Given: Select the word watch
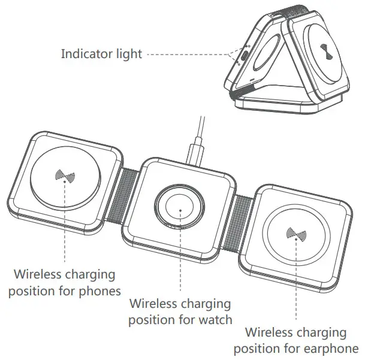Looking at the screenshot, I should pyautogui.click(x=216, y=319).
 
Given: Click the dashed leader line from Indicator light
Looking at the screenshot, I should pyautogui.click(x=192, y=54).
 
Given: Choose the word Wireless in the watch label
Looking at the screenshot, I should pyautogui.click(x=154, y=304).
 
